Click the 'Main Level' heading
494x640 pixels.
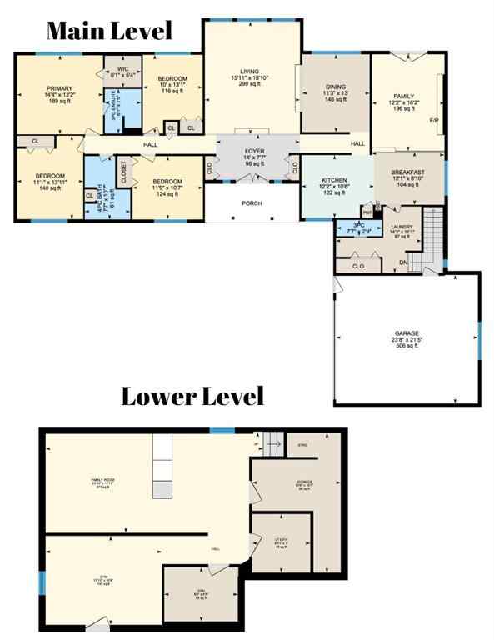(x=108, y=31)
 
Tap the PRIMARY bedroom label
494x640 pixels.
(x=59, y=88)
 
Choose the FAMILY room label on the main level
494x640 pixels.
(x=403, y=97)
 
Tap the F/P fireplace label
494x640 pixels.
(x=433, y=121)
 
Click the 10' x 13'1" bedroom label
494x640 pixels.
(x=172, y=79)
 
